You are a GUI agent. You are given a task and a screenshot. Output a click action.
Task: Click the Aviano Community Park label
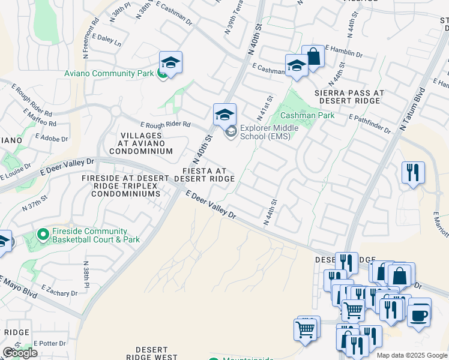pyautogui.click(x=109, y=74)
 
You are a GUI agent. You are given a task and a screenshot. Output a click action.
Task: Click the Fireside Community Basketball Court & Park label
pyautogui.click(x=89, y=235)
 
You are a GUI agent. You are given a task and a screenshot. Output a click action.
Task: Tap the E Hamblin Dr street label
pyautogui.click(x=343, y=50)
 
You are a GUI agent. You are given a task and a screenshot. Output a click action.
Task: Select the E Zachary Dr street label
pyautogui.click(x=57, y=293)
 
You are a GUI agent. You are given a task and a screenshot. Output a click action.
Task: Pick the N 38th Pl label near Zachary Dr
pyautogui.click(x=86, y=272)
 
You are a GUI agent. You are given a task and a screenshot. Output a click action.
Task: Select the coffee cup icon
pyautogui.click(x=419, y=313)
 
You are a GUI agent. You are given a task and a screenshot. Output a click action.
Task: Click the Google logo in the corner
pyautogui.click(x=20, y=353)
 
